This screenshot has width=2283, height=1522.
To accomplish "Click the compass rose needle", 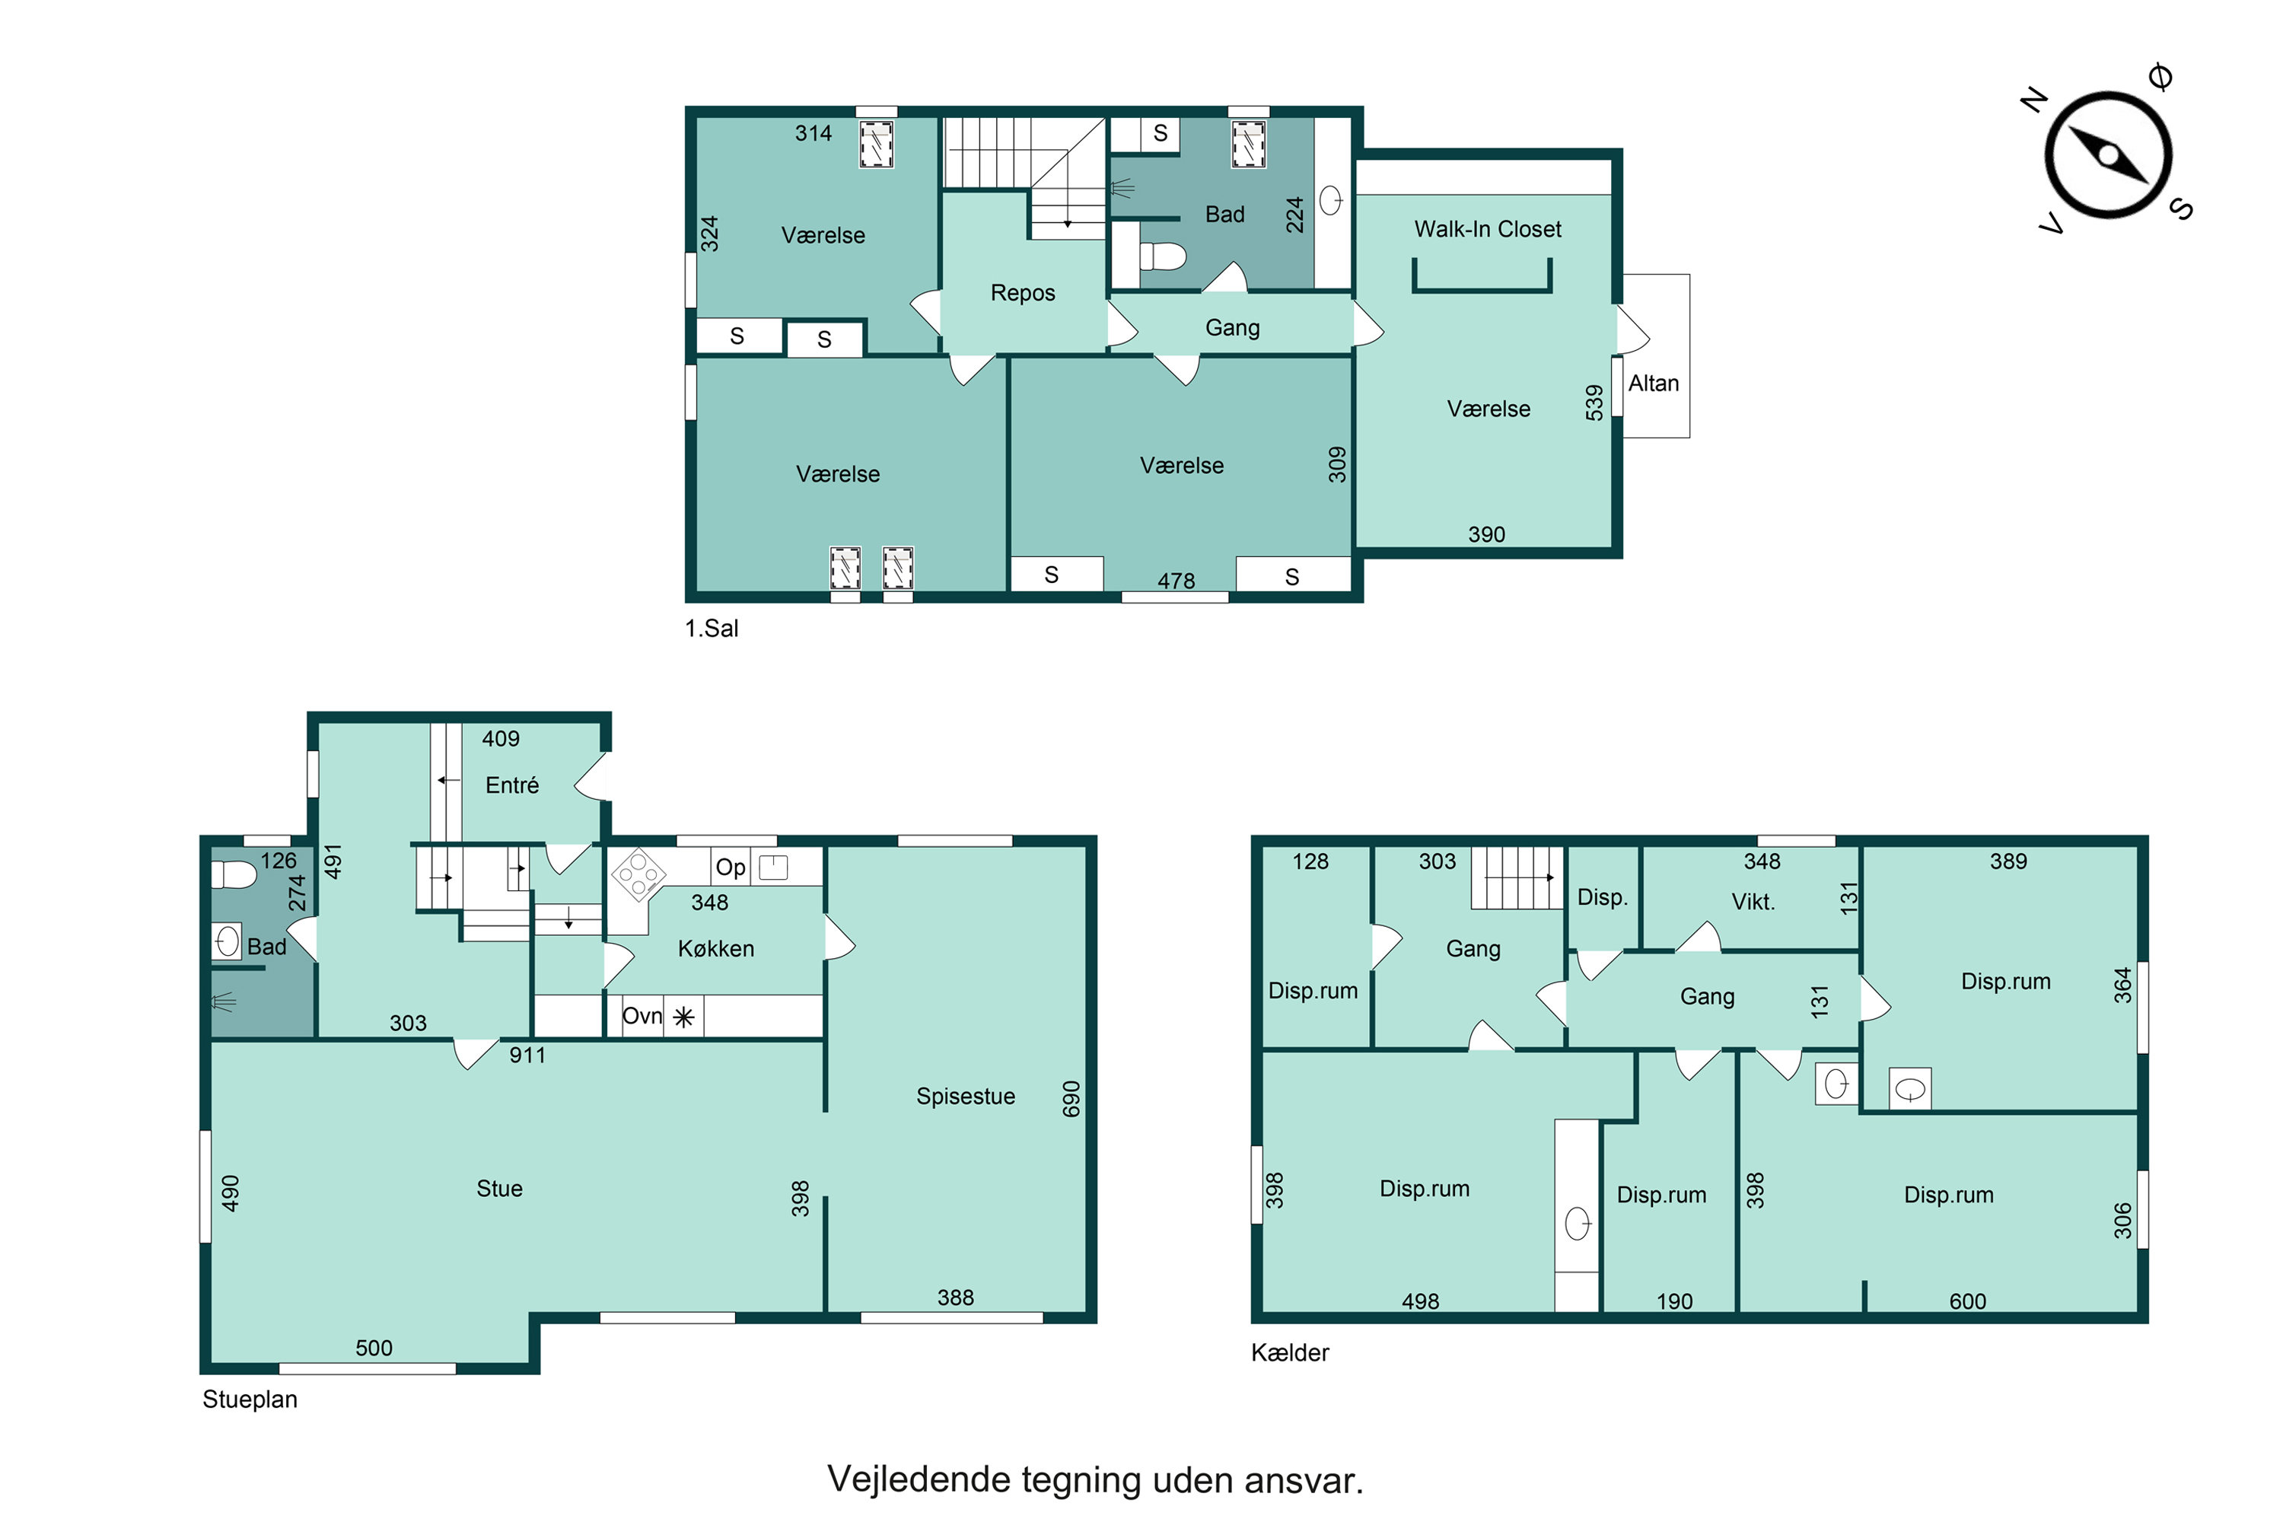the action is [x=2107, y=155].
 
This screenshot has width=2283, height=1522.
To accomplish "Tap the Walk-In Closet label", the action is [x=1487, y=229].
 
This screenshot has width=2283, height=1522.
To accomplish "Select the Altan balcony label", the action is [x=1653, y=384].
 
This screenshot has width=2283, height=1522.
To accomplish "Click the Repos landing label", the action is [x=1022, y=293].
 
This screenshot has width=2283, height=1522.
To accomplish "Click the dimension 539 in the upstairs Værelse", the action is [x=1594, y=403].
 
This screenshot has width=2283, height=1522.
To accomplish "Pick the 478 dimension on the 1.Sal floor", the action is [x=1176, y=581].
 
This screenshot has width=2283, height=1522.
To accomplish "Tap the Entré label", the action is [x=511, y=785].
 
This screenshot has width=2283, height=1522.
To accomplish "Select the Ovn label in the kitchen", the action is [x=642, y=1015].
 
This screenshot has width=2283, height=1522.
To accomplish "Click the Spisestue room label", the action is [x=965, y=1096].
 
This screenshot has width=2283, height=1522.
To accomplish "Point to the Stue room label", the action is [x=499, y=1188].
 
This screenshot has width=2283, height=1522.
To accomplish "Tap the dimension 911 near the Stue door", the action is [x=527, y=1055].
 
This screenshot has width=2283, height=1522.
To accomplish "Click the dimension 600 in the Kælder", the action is [x=1966, y=1301].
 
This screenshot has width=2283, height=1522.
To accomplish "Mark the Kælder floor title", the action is [x=1289, y=1352].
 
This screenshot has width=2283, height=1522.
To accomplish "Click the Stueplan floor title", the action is [x=250, y=1399].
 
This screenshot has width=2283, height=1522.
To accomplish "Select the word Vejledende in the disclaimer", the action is [x=916, y=1480].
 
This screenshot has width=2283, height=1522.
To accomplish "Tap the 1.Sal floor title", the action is [x=712, y=629].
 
